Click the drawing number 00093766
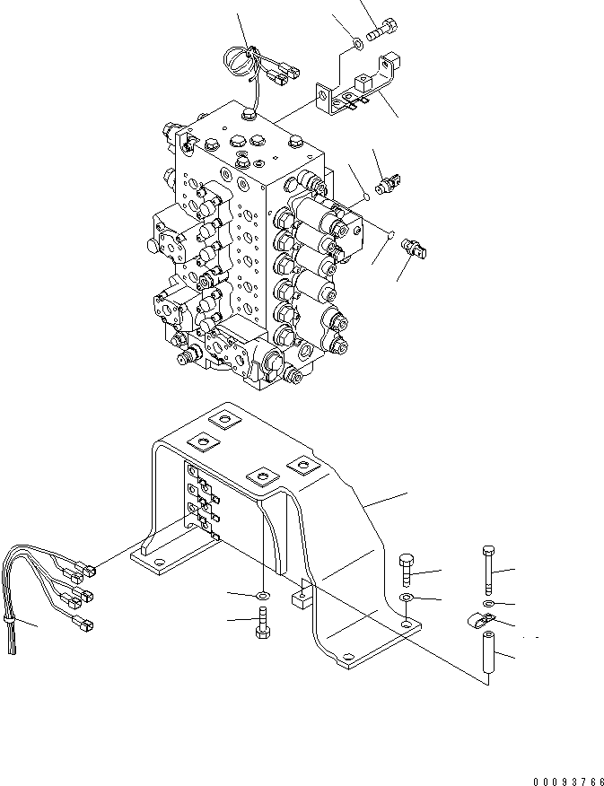coord(568,782)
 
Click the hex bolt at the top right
coord(382,30)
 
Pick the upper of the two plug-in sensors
coord(390,184)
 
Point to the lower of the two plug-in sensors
coord(414,249)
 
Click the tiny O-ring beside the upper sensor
coord(367,196)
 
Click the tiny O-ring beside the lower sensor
coord(392,233)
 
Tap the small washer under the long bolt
coord(489,603)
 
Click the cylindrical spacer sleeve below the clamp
coord(488,652)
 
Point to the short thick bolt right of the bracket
coord(406,571)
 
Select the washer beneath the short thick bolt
coord(407,598)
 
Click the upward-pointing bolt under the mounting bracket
coord(263,622)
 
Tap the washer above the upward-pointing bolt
coord(263,596)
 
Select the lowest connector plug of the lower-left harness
coord(83,624)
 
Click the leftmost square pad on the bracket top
coord(205,442)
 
